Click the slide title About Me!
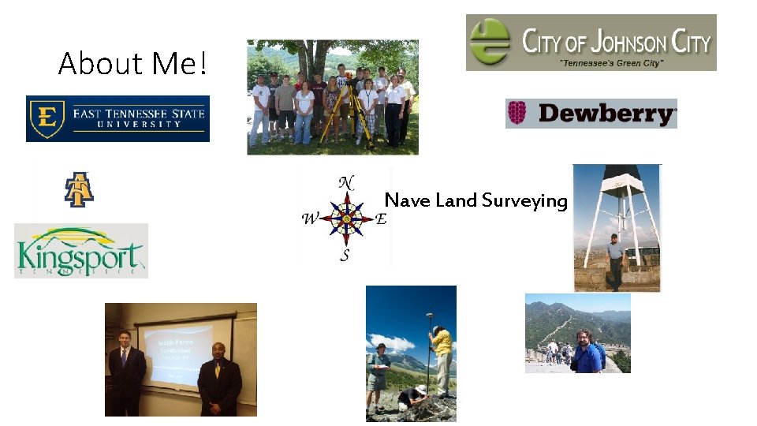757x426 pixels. [x=132, y=64]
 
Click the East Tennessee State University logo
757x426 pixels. [x=117, y=118]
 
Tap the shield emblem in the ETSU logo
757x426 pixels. [x=46, y=118]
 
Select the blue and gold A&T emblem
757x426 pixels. [x=78, y=189]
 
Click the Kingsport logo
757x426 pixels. [x=80, y=251]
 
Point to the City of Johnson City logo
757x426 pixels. [x=591, y=43]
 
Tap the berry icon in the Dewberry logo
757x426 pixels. [x=517, y=114]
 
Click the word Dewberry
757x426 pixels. [x=606, y=114]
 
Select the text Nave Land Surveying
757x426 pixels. [x=475, y=200]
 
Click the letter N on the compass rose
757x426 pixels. [x=345, y=182]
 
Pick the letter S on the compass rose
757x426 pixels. [x=345, y=256]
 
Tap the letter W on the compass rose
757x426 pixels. [x=310, y=219]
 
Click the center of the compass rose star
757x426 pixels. [x=345, y=219]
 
